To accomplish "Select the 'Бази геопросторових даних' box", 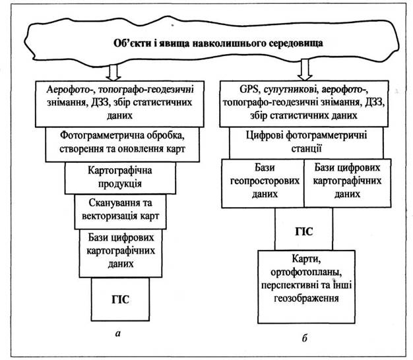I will pyautogui.click(x=263, y=182).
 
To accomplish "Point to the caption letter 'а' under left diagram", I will pyautogui.click(x=117, y=332).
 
